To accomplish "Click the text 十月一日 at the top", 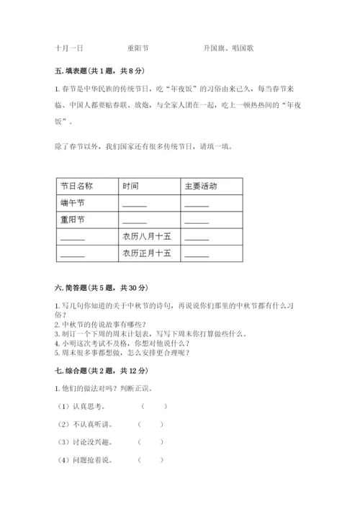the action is click(69, 48).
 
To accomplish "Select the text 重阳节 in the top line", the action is click(138, 48).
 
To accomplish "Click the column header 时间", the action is click(131, 186).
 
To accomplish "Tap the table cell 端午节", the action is click(73, 203).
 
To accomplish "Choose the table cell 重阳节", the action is click(73, 220).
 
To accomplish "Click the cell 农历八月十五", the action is click(147, 236).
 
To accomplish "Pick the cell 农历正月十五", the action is click(147, 253).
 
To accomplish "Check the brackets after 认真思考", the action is click(153, 406).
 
